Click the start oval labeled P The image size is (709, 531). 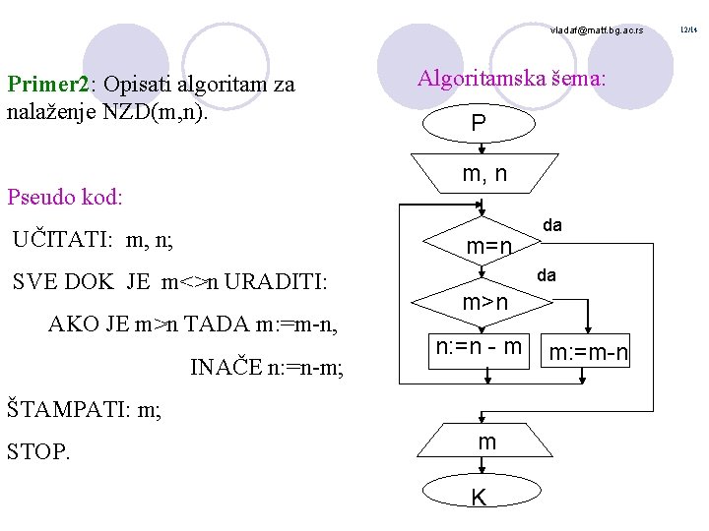478,124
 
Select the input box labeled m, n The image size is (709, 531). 484,174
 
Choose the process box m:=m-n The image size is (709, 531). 589,352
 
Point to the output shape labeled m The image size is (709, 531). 486,443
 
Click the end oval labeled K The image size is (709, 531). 479,498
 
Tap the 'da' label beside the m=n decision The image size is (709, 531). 552,225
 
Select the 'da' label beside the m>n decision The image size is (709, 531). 547,275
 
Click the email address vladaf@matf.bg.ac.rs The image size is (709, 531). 596,31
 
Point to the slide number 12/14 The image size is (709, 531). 690,30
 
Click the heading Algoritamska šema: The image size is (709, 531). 512,78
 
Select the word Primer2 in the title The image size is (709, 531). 48,84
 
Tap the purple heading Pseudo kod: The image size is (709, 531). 65,197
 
